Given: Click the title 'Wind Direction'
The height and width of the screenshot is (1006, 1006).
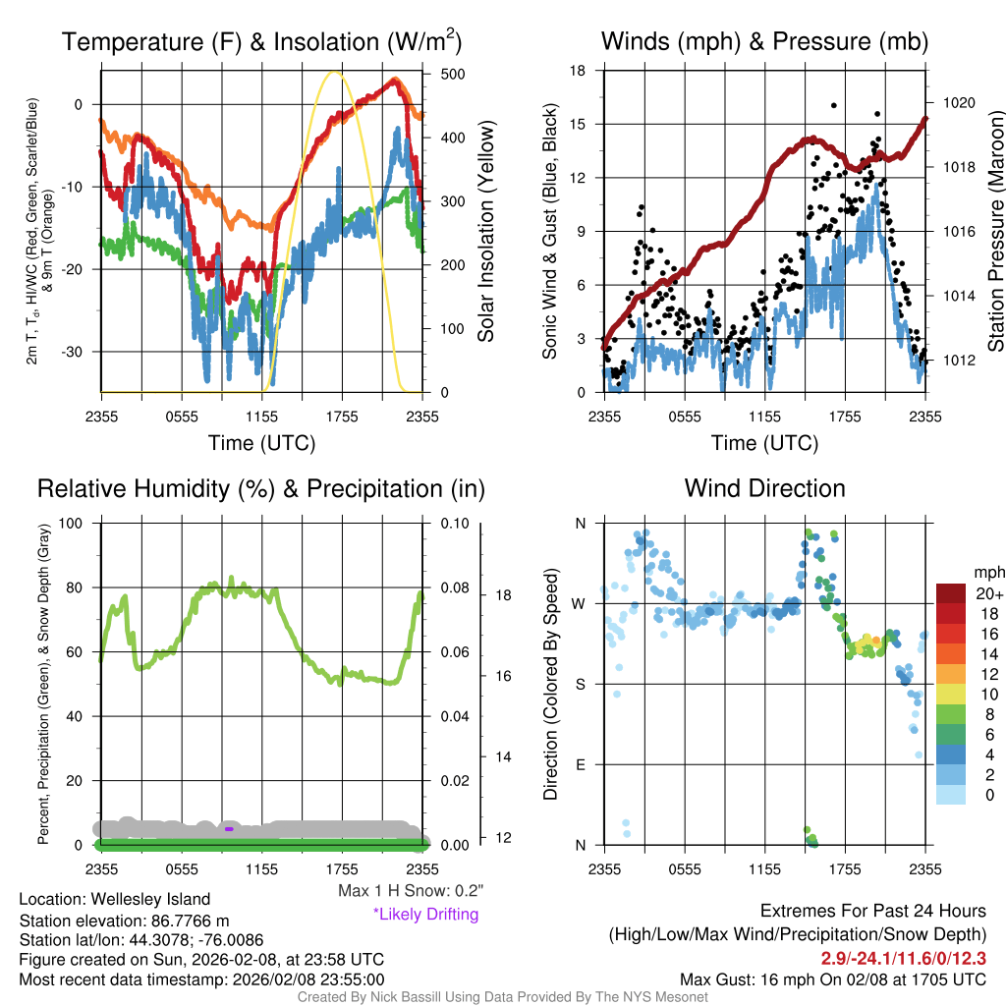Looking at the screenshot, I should pyautogui.click(x=764, y=488).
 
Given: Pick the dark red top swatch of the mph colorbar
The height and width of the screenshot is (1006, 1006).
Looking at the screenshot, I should pyautogui.click(x=953, y=594).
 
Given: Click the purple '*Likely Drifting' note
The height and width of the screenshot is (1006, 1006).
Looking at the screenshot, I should pyautogui.click(x=425, y=915).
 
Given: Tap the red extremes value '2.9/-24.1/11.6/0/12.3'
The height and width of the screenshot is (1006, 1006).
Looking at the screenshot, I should pyautogui.click(x=903, y=958).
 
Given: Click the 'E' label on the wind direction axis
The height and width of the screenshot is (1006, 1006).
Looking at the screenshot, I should pyautogui.click(x=580, y=764).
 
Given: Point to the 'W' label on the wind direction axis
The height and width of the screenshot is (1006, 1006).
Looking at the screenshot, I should pyautogui.click(x=579, y=603).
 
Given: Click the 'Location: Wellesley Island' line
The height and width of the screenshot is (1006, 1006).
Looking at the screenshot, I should pyautogui.click(x=115, y=899).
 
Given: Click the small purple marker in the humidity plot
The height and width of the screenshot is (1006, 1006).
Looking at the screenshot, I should pyautogui.click(x=229, y=828).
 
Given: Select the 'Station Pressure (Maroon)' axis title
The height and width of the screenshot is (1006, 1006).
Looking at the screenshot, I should pyautogui.click(x=995, y=236).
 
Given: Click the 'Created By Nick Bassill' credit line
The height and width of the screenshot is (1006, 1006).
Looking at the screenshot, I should pyautogui.click(x=502, y=997).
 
